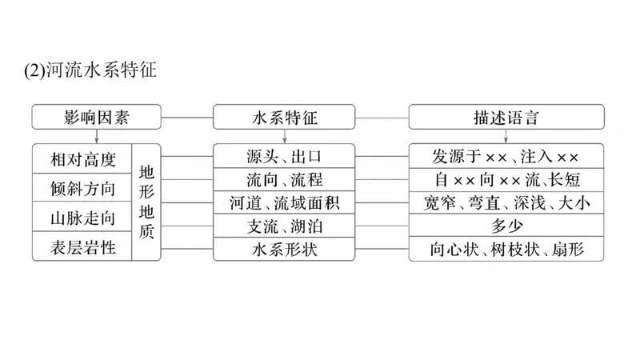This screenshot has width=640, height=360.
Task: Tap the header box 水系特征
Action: (x=284, y=117)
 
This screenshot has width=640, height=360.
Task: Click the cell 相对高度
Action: (x=82, y=158)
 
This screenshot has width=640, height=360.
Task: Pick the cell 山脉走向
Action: (x=82, y=217)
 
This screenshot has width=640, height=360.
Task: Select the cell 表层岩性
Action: (x=82, y=246)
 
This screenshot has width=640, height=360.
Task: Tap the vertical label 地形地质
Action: (x=147, y=202)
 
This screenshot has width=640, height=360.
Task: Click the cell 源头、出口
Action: (x=284, y=155)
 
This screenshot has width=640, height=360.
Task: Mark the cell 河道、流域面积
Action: (x=284, y=202)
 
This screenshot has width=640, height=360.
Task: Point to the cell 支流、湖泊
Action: (x=284, y=226)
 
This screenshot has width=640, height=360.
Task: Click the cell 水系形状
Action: (x=284, y=250)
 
